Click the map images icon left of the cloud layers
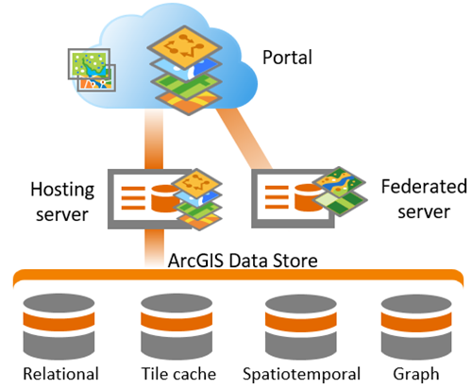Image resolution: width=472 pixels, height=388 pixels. [x=91, y=67]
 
